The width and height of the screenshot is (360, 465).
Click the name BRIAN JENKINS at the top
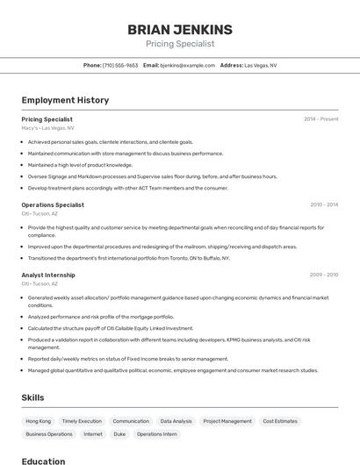click(180, 29)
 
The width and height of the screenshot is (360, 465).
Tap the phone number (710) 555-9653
click(120, 65)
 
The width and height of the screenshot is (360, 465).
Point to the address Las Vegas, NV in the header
click(260, 65)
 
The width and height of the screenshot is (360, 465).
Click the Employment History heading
click(65, 100)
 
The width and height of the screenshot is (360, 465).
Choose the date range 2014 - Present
click(320, 118)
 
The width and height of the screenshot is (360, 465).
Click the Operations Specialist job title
click(53, 204)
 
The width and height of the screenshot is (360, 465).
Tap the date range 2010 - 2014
click(323, 204)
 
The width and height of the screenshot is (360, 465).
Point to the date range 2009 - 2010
click(323, 275)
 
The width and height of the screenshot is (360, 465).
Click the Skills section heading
click(33, 397)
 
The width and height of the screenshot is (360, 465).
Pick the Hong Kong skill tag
click(39, 421)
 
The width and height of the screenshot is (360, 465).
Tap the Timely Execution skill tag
click(82, 421)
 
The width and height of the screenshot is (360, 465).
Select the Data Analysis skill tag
click(176, 421)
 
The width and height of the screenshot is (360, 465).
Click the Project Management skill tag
click(227, 421)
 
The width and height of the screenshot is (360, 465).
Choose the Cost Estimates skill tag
click(280, 421)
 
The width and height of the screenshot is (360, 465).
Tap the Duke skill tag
click(119, 434)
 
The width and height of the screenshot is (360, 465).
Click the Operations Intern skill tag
click(156, 434)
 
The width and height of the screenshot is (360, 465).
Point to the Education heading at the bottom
click(44, 461)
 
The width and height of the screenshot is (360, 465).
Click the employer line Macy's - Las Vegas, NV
click(48, 128)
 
